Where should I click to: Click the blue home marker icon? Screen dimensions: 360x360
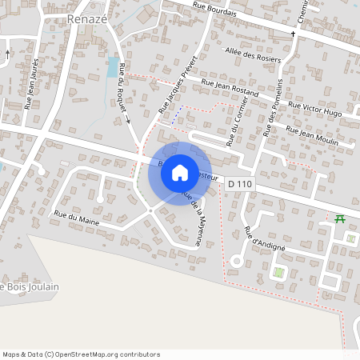tap(180, 172)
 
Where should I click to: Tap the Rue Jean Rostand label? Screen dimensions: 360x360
tap(230, 89)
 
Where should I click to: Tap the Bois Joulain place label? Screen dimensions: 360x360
tap(30, 286)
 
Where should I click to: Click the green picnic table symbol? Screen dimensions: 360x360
tap(340, 218)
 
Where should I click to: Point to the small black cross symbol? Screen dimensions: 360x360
tap(293, 34)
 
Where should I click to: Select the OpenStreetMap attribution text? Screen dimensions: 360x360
tap(81, 354)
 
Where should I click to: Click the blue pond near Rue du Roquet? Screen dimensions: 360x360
tap(111, 68)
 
